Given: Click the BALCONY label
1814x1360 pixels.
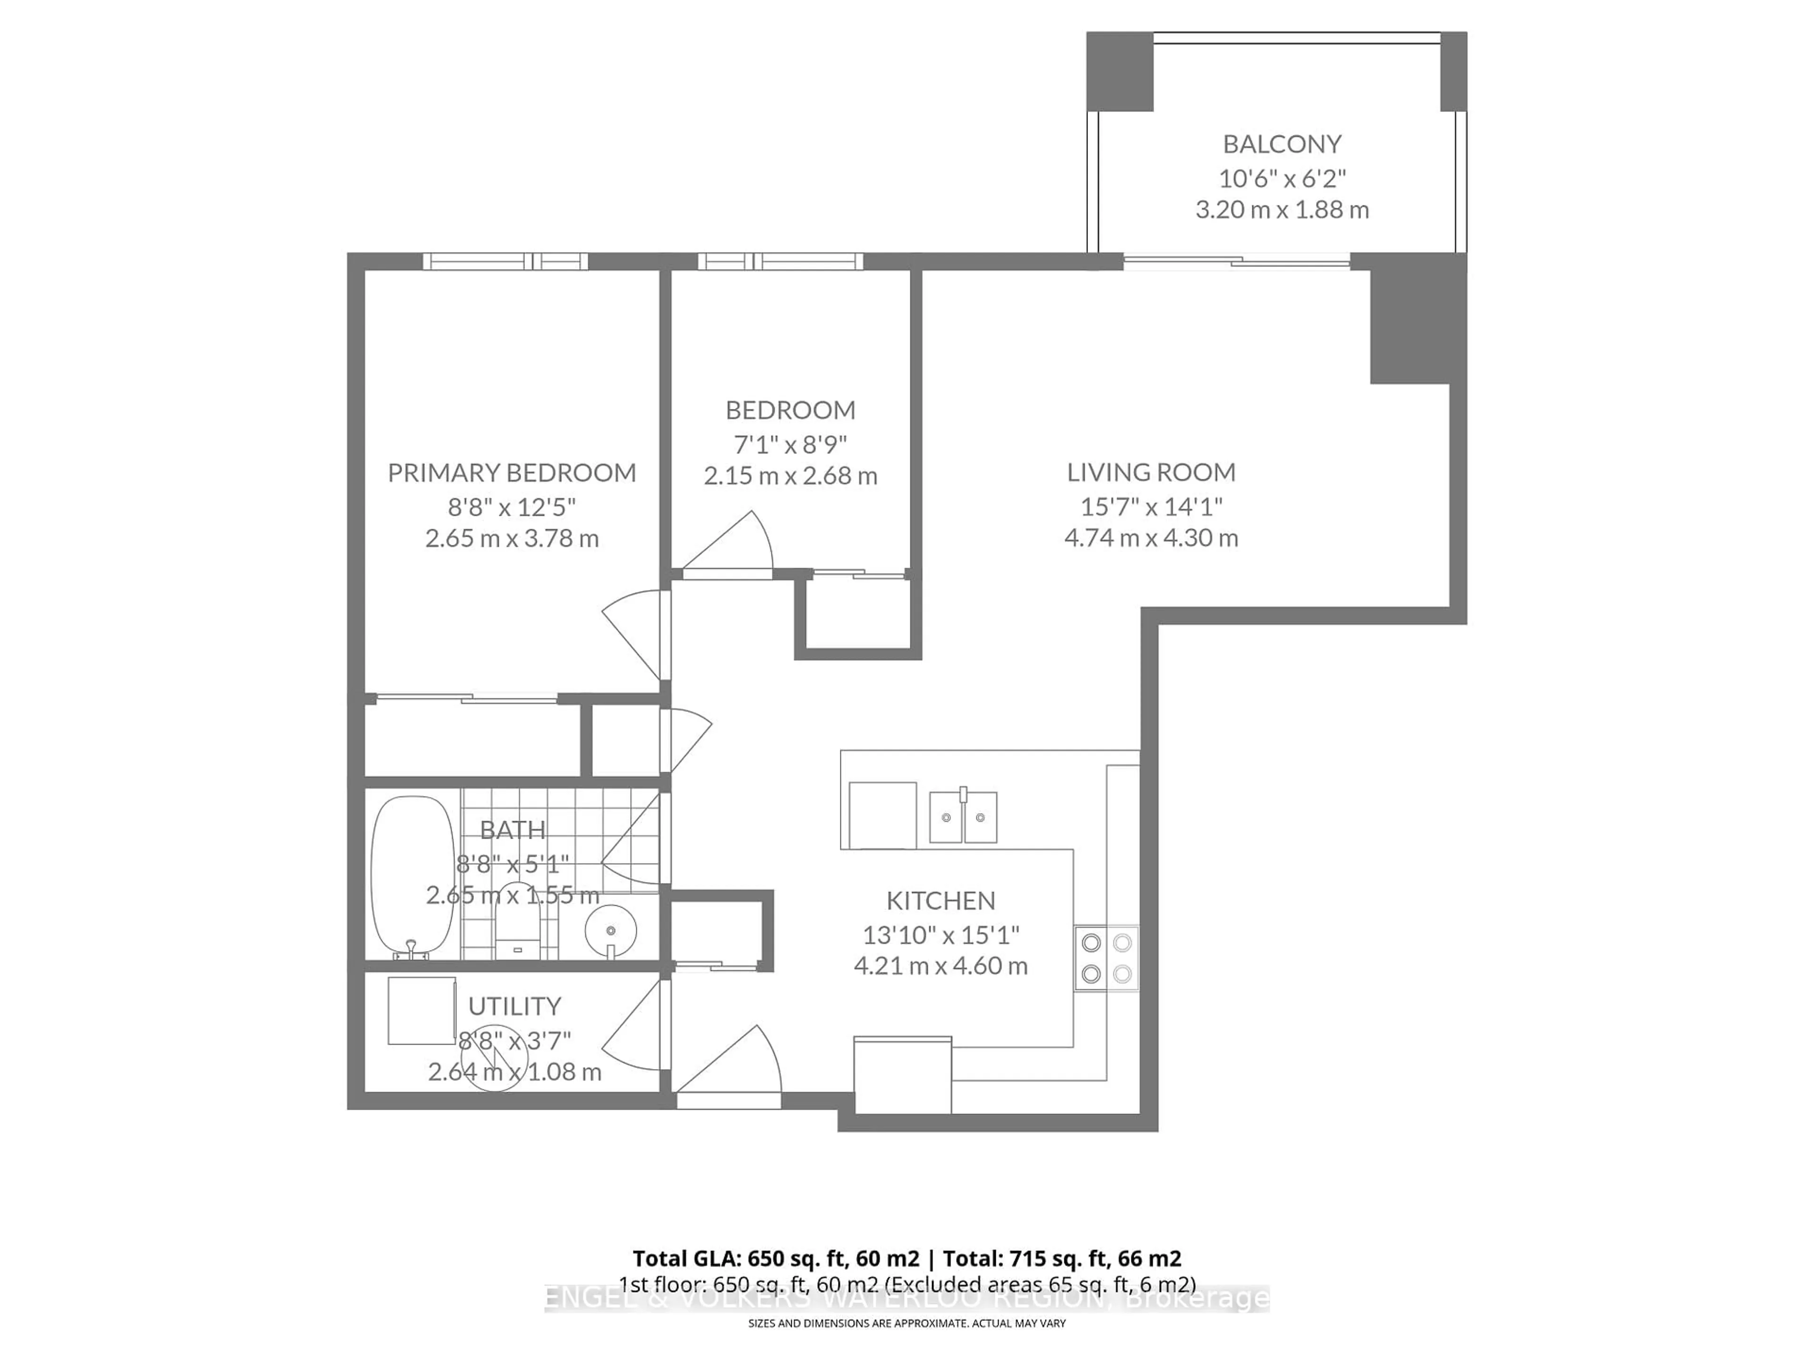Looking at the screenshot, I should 1282,144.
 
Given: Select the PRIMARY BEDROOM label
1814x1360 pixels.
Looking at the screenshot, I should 512,473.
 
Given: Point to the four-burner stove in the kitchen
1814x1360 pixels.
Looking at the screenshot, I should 1106,958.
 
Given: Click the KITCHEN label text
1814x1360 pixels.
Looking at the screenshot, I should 941,901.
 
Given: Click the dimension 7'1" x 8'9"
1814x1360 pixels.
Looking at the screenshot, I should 790,444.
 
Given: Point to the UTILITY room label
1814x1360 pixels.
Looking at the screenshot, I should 514,1006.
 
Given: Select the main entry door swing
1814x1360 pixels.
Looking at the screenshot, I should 728,1064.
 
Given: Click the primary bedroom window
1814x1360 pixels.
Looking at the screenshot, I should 505,262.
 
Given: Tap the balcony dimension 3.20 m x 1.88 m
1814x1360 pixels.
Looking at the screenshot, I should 1282,210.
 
